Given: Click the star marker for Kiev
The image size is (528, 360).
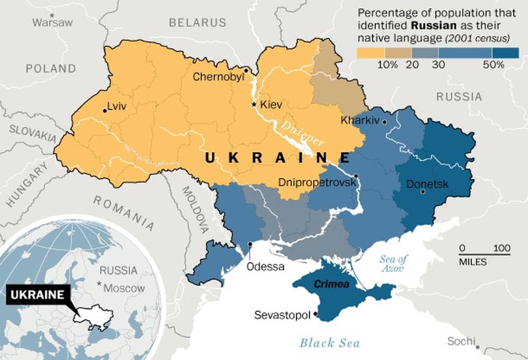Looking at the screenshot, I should tap(254, 104).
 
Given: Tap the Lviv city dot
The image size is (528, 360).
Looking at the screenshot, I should tap(105, 110).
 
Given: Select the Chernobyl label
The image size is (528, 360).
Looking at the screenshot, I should tap(218, 77).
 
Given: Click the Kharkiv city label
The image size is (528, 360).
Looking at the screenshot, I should tap(360, 121).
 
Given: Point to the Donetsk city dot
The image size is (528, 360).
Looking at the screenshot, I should tap(423, 192).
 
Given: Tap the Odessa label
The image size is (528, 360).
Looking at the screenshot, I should tap(265, 266).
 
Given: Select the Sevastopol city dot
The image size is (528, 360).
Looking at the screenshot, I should tap(316, 314).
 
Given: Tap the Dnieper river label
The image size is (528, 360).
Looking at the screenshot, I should tap(299, 133).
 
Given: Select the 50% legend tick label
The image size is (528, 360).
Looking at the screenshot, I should tap(493, 64).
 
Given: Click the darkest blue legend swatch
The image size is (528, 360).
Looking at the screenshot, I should tap(506, 52).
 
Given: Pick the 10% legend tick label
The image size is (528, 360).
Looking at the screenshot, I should tap(387, 64).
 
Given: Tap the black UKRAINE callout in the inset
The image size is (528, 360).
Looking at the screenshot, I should tap(37, 294).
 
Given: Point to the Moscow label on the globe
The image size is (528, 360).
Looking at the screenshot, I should tap(123, 288).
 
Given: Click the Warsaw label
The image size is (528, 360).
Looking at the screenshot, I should tap(53, 22).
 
